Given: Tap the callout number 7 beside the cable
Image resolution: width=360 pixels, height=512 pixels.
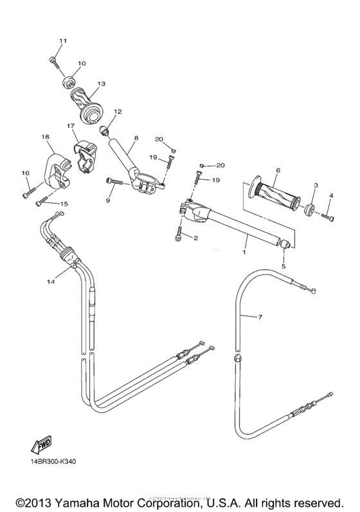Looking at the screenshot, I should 260,317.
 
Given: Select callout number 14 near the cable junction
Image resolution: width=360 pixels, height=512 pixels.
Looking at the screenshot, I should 50,281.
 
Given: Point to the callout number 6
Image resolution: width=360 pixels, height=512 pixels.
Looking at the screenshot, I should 278,170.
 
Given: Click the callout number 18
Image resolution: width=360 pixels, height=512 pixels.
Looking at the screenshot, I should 45,137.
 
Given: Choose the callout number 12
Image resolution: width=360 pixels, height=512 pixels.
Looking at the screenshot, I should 118,111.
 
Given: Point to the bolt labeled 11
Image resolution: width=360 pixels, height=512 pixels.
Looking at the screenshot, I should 53,61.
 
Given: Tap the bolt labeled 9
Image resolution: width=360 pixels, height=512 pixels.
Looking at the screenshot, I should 114,182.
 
